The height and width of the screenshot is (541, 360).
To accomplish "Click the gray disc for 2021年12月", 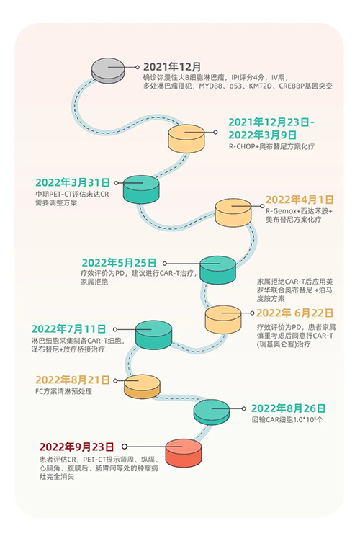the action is click(108, 71).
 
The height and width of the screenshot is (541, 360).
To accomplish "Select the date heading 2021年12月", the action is click(172, 66).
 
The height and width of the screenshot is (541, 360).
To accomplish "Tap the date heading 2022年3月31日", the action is click(73, 182).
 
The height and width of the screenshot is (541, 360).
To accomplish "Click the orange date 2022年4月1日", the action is click(300, 200).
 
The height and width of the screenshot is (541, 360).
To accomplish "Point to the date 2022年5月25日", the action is click(119, 263).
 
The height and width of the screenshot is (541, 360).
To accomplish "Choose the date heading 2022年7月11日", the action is click(68, 328).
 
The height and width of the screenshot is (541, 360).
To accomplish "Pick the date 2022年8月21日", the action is click(73, 380).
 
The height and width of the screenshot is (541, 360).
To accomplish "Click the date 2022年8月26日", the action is click(288, 408).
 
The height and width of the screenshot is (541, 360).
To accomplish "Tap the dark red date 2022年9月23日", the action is click(76, 447).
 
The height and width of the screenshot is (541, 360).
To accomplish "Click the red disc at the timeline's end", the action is click(184, 453).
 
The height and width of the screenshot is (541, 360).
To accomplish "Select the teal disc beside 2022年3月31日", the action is click(141, 189).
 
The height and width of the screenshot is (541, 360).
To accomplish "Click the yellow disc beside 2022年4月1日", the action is click(233, 213).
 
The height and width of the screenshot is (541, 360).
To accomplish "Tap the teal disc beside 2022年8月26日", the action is click(212, 412).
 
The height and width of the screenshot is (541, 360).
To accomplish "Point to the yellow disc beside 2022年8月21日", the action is click(142, 386).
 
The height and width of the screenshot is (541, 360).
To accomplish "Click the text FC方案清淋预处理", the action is click(64, 391).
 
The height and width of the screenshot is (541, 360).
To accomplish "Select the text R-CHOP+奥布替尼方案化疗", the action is click(271, 146).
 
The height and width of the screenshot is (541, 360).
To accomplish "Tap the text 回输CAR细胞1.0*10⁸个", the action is click(287, 420).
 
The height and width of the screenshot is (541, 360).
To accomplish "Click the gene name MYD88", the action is click(211, 86).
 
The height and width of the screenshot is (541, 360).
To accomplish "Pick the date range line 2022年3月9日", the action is click(262, 135).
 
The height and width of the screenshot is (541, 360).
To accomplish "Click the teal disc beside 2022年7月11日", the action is click(153, 335).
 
